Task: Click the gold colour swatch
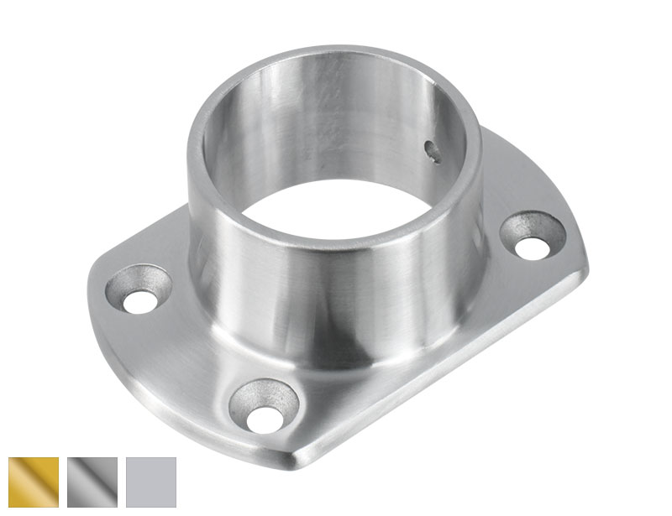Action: pyautogui.click(x=34, y=482)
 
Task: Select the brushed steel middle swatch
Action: pyautogui.click(x=92, y=482)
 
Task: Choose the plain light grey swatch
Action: pyautogui.click(x=151, y=482)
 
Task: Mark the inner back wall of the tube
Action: pyautogui.click(x=336, y=117)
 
